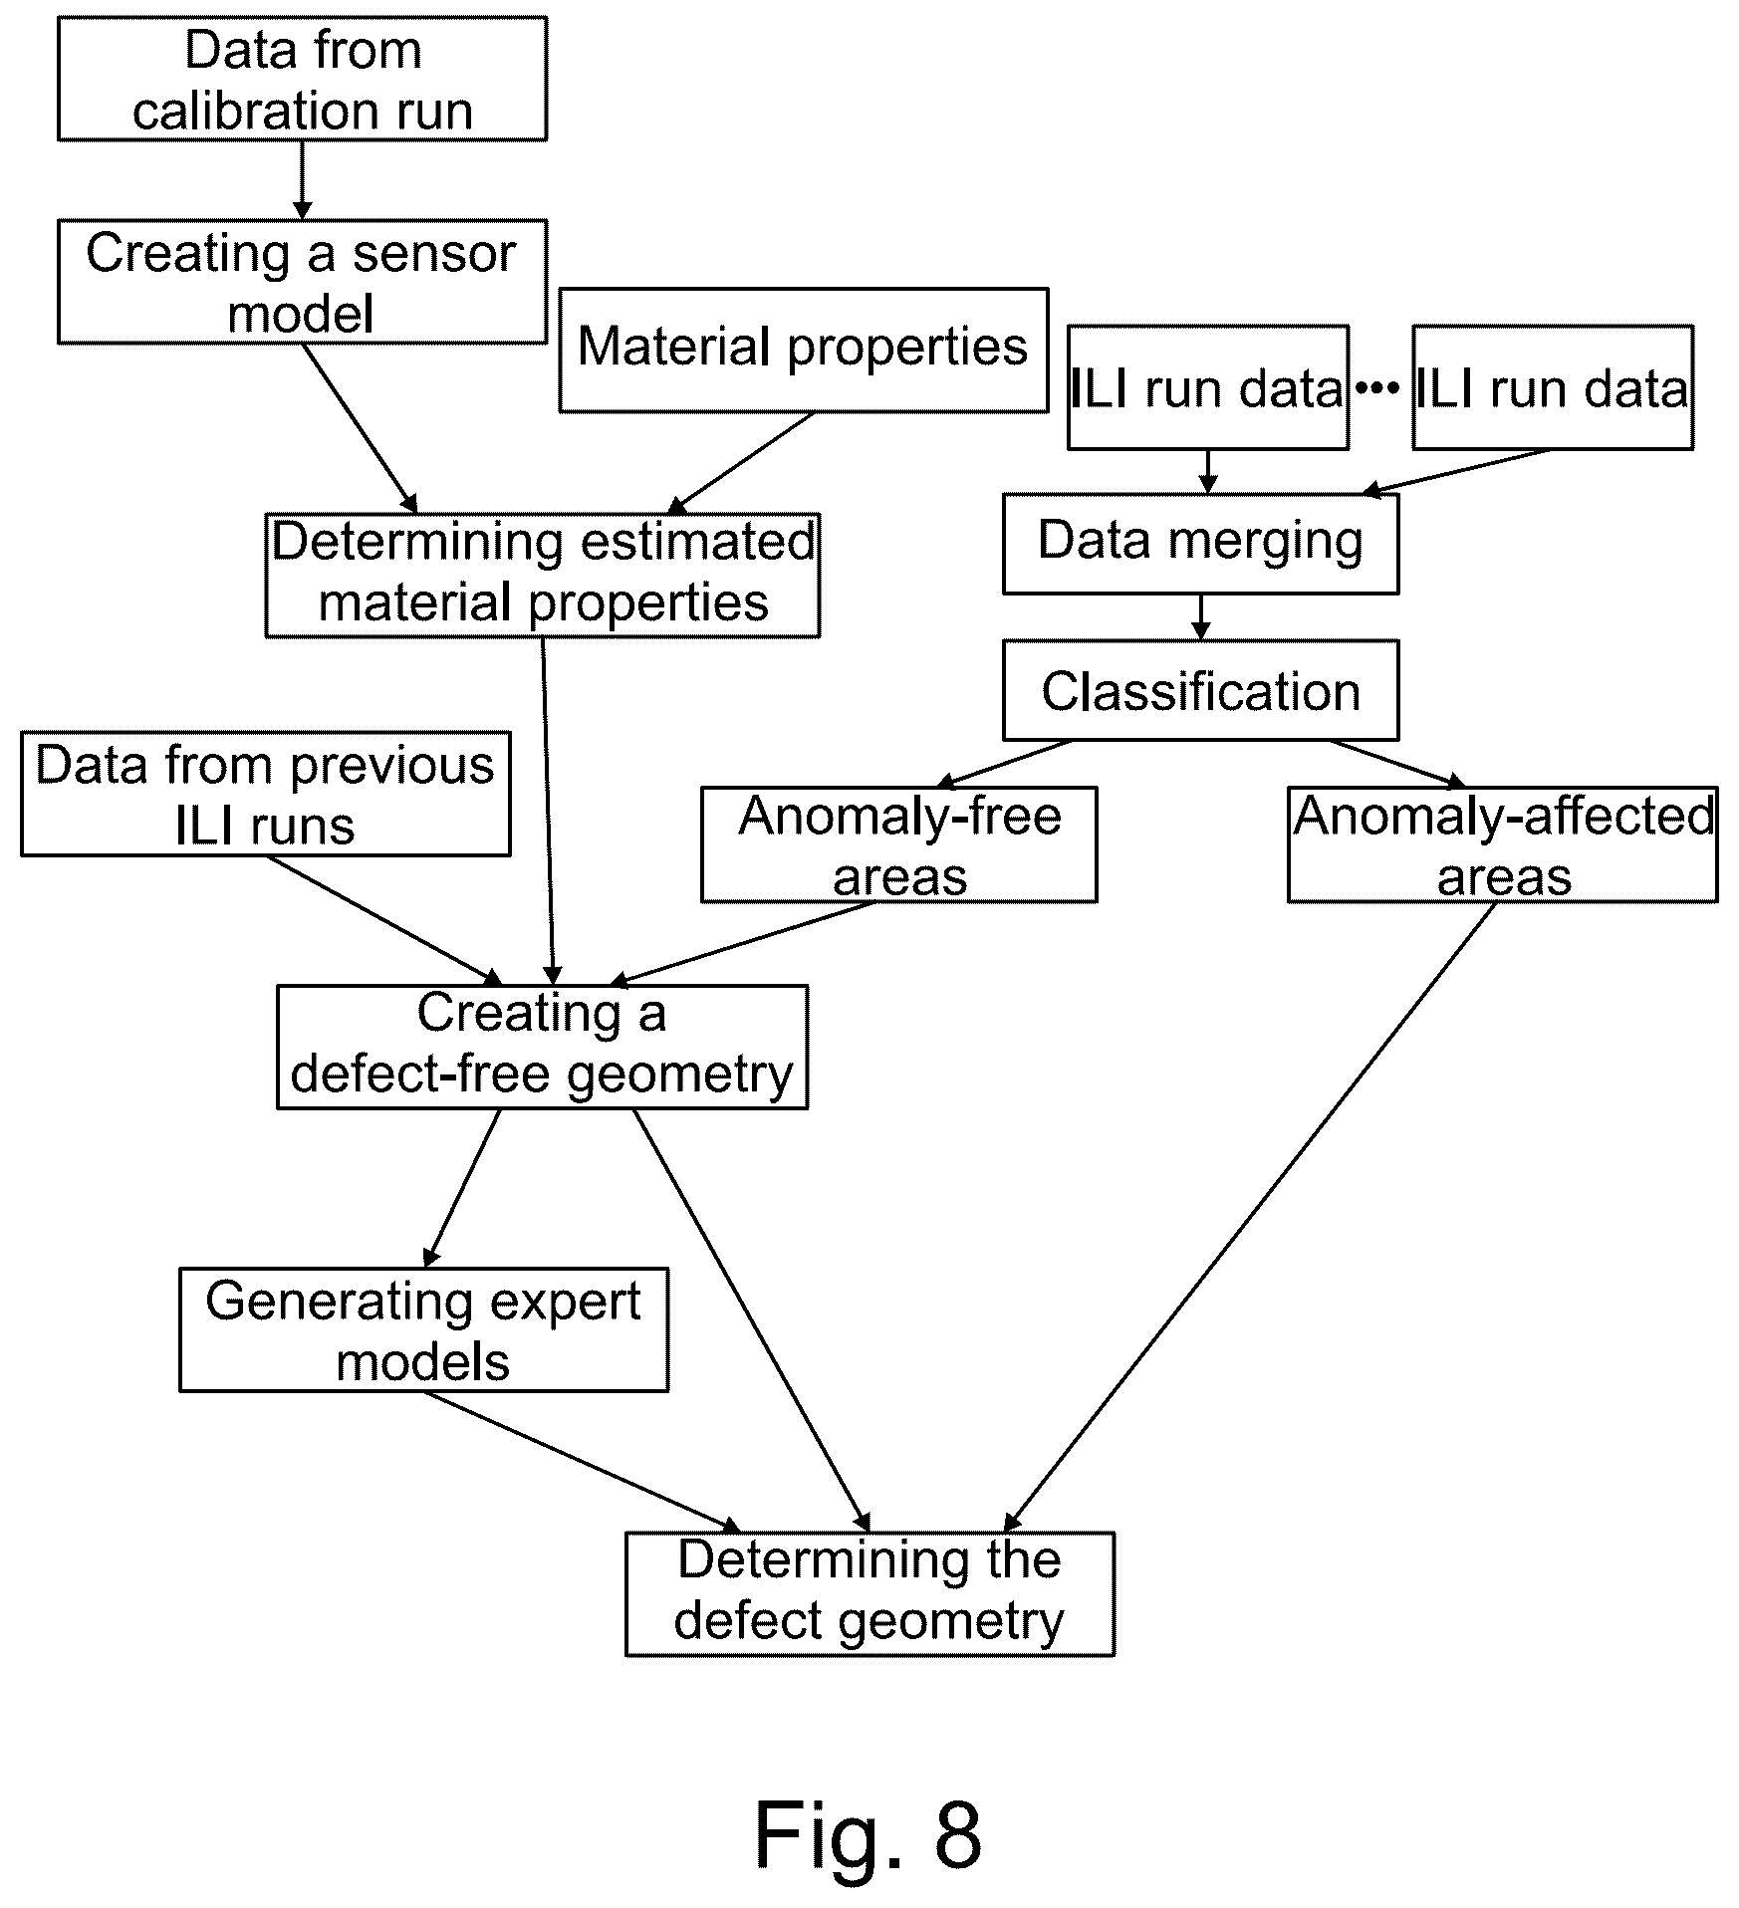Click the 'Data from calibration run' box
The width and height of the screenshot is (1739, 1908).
(x=302, y=79)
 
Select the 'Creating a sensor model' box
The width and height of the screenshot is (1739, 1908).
(x=302, y=282)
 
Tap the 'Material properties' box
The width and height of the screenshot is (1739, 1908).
(x=804, y=350)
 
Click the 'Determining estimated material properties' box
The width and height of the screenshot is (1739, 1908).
(x=543, y=575)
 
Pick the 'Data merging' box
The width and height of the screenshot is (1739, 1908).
(x=1200, y=544)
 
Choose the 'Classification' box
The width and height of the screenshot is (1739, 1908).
(x=1200, y=690)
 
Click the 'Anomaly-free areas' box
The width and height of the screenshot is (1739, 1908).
(x=899, y=844)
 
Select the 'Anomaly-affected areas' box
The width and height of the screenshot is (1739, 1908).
(x=1503, y=844)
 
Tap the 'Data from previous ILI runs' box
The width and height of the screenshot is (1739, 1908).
(x=266, y=794)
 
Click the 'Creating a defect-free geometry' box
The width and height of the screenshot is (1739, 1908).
(x=542, y=1047)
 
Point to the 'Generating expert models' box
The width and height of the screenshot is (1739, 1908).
(x=423, y=1329)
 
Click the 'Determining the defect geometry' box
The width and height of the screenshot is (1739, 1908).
(x=869, y=1594)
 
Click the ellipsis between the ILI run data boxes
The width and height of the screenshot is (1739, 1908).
(x=1379, y=388)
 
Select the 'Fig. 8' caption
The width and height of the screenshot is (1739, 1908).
(x=869, y=1832)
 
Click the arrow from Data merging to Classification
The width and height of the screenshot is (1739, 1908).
(x=1201, y=617)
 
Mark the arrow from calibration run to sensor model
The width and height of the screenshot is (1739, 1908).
(x=302, y=180)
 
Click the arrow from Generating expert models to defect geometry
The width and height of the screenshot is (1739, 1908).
(x=583, y=1462)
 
